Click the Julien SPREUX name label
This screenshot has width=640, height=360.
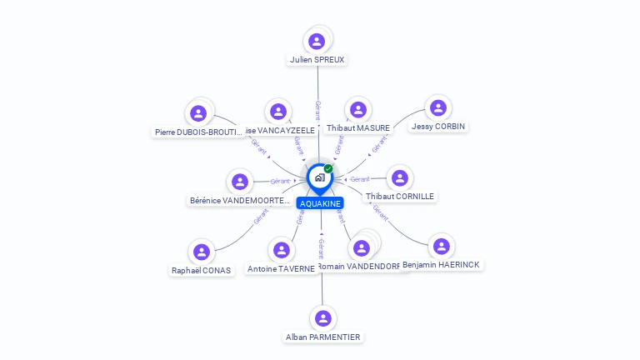[x=317, y=60]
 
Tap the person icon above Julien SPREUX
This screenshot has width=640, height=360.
[x=317, y=41]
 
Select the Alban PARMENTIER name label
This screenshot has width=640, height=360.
[x=323, y=337]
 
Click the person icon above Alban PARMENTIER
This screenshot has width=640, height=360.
[x=323, y=318]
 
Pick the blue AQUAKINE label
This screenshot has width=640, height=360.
[x=320, y=203]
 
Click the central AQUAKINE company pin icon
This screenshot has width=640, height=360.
[x=318, y=177]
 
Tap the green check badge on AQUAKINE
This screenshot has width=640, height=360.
[x=328, y=168]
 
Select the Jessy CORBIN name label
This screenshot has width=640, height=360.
[x=438, y=127]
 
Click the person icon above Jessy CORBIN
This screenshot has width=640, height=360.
[x=438, y=107]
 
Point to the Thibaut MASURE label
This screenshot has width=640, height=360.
[x=358, y=128]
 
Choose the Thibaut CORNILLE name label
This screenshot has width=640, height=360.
[x=400, y=197]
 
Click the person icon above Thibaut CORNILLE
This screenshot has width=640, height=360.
[x=400, y=177]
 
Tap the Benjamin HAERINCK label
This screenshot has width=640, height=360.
[x=441, y=265]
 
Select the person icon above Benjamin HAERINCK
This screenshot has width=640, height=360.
[x=442, y=246]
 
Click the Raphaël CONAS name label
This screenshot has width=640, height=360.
[x=201, y=270]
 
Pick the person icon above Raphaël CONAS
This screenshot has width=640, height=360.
[x=201, y=251]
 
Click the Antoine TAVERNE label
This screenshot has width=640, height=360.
[x=282, y=269]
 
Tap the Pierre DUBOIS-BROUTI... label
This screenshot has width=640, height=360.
[x=199, y=132]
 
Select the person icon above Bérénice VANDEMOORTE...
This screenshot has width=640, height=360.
[x=241, y=182]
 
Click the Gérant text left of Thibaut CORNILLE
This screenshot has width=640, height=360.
[x=360, y=179]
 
